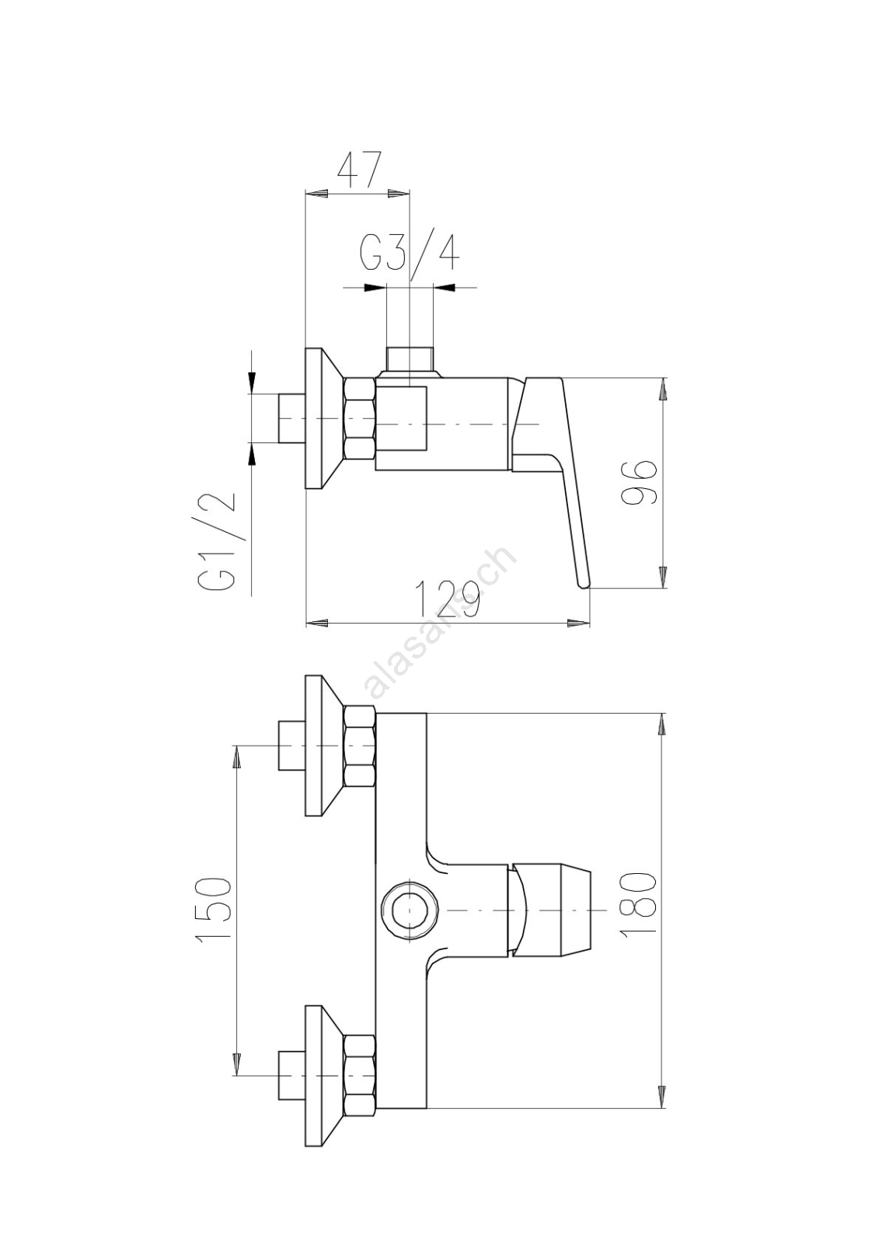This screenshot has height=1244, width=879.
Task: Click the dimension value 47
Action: (x=359, y=170)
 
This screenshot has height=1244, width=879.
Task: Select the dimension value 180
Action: (x=638, y=904)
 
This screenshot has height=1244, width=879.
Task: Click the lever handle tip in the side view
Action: (x=584, y=583)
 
